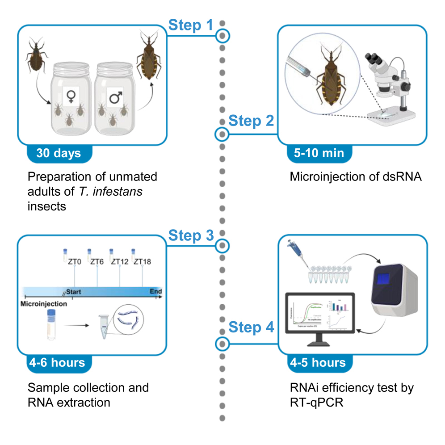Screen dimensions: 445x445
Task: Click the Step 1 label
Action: (191, 25)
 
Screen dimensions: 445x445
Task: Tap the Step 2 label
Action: (251, 121)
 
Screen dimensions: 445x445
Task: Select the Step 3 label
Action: (191, 236)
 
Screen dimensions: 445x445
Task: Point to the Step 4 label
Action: (251, 327)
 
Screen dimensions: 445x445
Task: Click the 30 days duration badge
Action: (59, 153)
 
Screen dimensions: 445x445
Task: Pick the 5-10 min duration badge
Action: (319, 153)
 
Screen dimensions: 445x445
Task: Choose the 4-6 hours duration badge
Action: (59, 362)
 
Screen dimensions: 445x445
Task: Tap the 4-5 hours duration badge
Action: (318, 362)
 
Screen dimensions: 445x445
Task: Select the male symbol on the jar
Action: (115, 96)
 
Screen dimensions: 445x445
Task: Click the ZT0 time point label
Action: (73, 261)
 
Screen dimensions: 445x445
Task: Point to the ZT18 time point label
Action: (143, 261)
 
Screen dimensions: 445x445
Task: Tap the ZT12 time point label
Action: (120, 261)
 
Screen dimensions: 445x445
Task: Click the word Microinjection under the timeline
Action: (44, 304)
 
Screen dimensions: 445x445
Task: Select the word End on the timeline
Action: (155, 292)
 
